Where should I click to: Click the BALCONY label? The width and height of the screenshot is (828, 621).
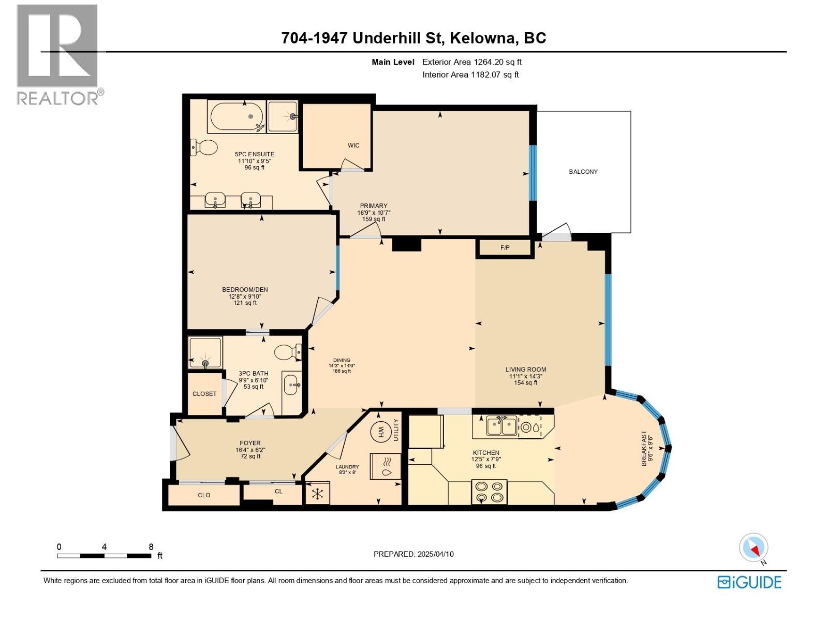(x=583, y=172)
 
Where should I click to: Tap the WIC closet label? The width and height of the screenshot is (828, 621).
(x=353, y=145)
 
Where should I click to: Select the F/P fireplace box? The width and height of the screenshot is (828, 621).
(x=505, y=248)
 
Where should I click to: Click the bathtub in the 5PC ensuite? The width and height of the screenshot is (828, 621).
(x=236, y=117)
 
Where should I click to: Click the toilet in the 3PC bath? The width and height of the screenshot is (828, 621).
(x=287, y=352)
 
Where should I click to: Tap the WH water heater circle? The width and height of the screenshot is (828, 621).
(x=381, y=431)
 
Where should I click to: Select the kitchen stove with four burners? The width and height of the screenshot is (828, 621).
(x=489, y=492)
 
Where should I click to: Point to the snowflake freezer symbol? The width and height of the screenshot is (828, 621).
(x=317, y=494)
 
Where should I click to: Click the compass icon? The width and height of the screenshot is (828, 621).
(x=754, y=548)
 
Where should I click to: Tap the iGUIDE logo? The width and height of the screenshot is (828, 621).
(x=749, y=582)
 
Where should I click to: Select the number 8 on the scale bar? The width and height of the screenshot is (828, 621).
(x=151, y=546)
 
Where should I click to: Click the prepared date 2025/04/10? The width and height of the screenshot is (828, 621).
(x=435, y=554)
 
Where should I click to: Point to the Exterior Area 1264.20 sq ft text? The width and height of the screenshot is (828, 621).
(x=471, y=62)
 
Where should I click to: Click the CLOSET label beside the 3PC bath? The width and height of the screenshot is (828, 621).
(x=204, y=394)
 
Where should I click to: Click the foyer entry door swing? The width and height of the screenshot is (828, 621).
(x=180, y=444)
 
